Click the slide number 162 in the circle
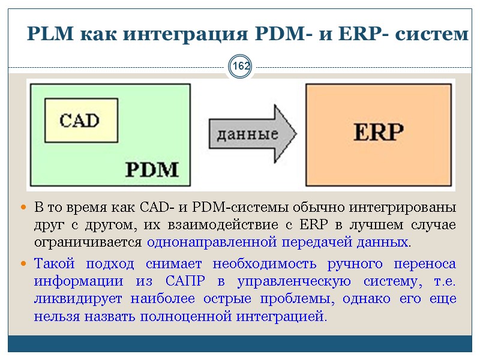(x=241, y=67)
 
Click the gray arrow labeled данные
(x=252, y=134)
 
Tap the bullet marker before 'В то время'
(x=24, y=208)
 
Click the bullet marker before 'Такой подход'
(x=24, y=264)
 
